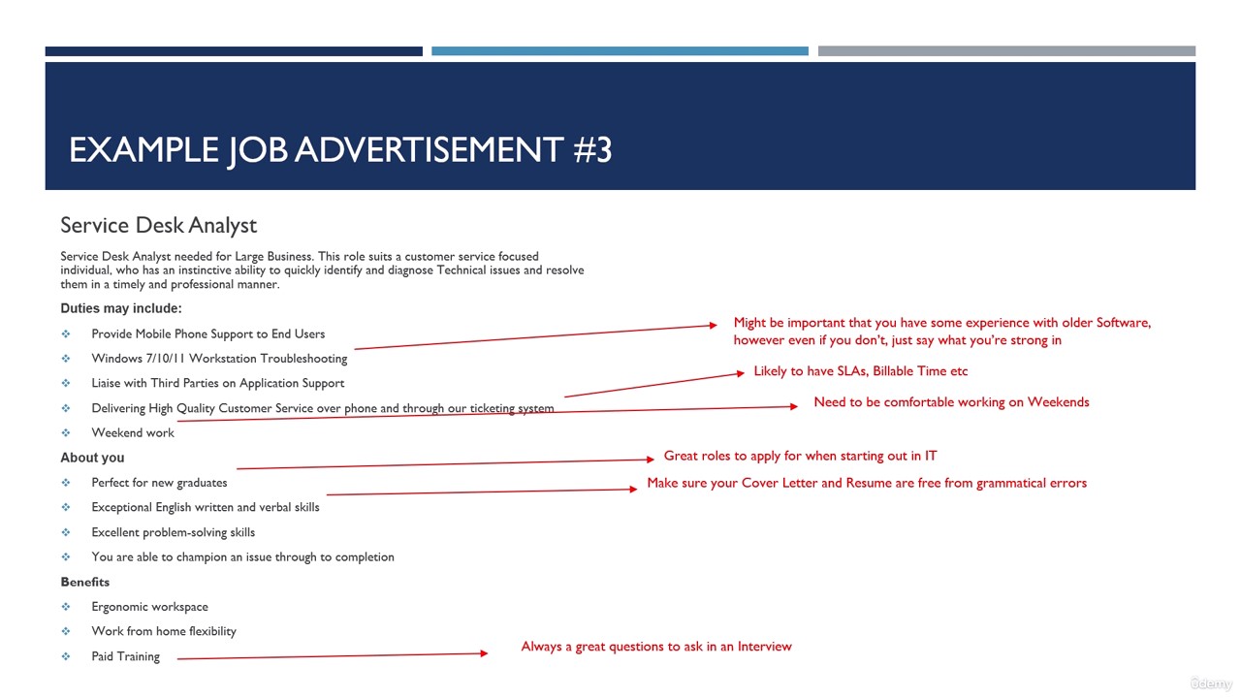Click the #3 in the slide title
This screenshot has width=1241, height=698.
coord(592,149)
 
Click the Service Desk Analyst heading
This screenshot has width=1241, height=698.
coord(158,226)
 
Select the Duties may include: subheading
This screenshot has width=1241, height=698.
coord(121,308)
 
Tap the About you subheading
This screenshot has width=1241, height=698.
coord(92,458)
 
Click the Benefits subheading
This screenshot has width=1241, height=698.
coord(84,582)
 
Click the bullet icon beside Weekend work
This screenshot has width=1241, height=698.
coord(66,432)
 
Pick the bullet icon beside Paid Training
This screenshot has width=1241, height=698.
coord(66,656)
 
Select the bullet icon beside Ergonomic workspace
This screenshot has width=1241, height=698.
coord(66,607)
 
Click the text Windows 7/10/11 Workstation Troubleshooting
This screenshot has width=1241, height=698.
coord(219,359)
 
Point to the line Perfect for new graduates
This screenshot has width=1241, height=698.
coord(159,483)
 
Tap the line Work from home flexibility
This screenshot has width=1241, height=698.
coord(164,631)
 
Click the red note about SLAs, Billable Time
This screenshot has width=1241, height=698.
coord(860,371)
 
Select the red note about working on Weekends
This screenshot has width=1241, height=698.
coord(951,402)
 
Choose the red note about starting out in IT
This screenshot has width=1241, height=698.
coord(800,456)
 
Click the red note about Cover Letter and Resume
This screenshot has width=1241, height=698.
coord(867,483)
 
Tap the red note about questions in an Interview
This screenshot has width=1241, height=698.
coord(656,647)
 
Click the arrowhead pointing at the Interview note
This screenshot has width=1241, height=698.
coord(484,653)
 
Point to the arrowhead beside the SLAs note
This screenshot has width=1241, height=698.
coord(740,373)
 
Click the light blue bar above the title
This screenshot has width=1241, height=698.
coord(620,51)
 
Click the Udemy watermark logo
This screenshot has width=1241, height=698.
coord(1211,683)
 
